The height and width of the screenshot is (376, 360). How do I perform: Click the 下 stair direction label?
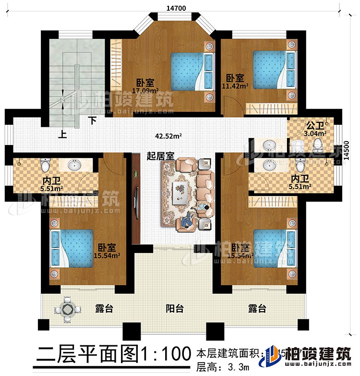tap(91, 121)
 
